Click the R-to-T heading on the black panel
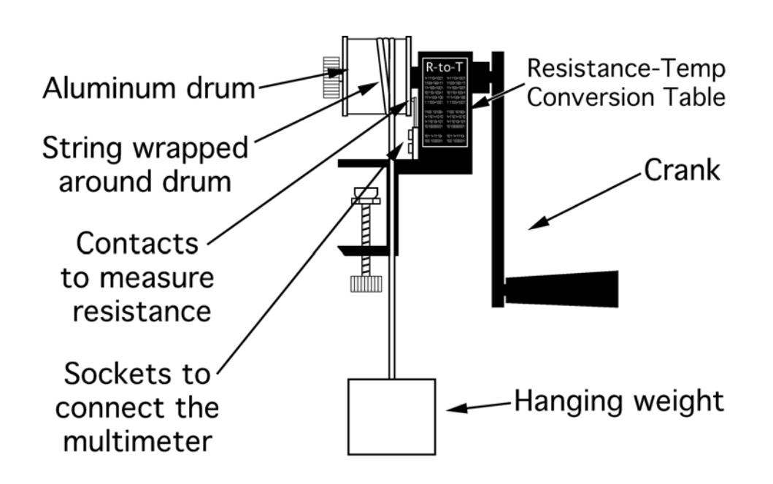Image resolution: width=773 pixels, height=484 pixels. (445, 69)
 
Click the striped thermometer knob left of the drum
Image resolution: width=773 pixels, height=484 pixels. (335, 74)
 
